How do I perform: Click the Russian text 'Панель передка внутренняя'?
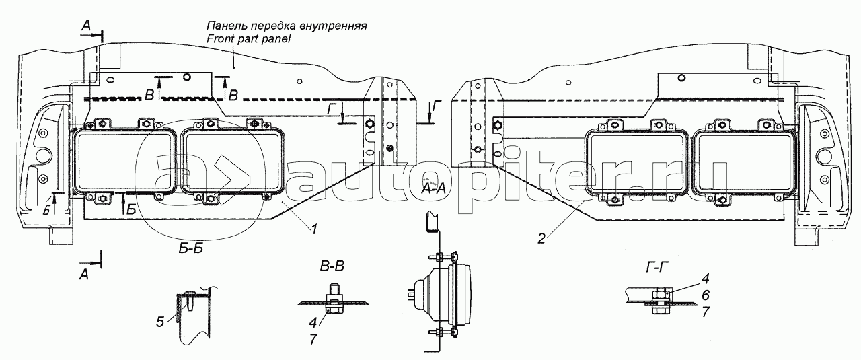pyautogui.click(x=287, y=26)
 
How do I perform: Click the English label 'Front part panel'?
pyautogui.click(x=249, y=39)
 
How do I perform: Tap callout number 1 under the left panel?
pyautogui.click(x=314, y=229)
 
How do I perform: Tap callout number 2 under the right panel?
pyautogui.click(x=541, y=239)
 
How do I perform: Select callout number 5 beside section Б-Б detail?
pyautogui.click(x=160, y=322)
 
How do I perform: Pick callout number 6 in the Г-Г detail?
pyautogui.click(x=705, y=295)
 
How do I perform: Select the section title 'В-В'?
pyautogui.click(x=332, y=266)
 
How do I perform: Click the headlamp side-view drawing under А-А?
pyautogui.click(x=442, y=295)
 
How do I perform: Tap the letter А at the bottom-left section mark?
pyautogui.click(x=84, y=275)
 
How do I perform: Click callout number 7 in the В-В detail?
pyautogui.click(x=313, y=339)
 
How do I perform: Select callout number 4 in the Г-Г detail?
pyautogui.click(x=705, y=279)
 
